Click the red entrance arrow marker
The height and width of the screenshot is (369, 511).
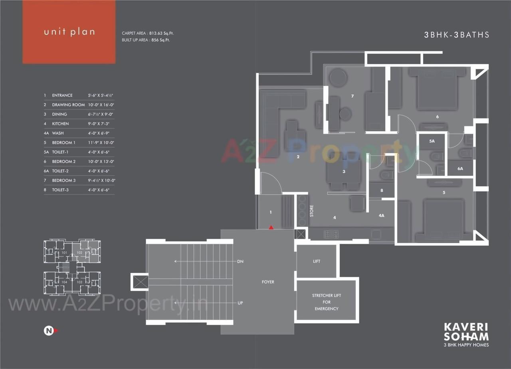pos(271,227)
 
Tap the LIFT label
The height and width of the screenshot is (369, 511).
pos(316,261)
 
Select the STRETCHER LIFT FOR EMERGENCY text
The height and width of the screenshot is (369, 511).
pos(326,302)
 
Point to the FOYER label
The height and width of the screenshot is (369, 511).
pos(268,282)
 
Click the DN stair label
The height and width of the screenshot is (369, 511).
pos(240,262)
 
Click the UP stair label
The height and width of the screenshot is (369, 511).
pos(240,303)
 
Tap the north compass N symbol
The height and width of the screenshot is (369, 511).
pos(48,330)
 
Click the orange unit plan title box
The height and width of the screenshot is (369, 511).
pos(69,32)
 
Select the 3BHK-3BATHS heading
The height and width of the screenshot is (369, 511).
pos(457,35)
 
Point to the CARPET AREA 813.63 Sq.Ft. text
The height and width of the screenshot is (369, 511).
pos(148,34)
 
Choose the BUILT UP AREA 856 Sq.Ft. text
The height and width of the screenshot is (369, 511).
pos(146,40)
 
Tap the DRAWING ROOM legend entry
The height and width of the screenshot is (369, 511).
pos(68,105)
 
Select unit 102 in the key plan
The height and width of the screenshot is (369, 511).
pos(79,253)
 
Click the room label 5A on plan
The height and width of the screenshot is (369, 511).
pos(432,141)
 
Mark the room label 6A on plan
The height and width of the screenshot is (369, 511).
pos(460,169)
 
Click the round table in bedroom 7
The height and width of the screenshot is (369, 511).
pos(338,77)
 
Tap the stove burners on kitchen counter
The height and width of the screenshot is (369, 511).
pos(331,234)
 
